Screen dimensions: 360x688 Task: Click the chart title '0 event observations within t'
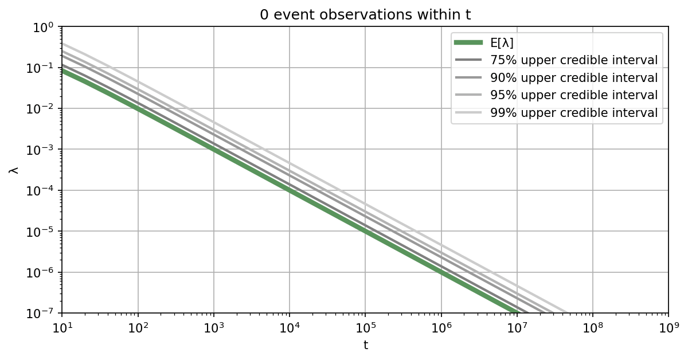(x=365, y=15)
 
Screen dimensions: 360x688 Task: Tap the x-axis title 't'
(x=365, y=346)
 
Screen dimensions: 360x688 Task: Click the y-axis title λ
(x=14, y=170)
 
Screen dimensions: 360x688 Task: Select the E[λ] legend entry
(x=502, y=42)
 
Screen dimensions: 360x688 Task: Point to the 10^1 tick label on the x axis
(x=62, y=328)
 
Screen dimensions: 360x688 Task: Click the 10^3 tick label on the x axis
(x=213, y=328)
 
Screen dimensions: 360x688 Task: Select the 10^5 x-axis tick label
(x=365, y=328)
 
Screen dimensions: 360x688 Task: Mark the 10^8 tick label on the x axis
(x=592, y=328)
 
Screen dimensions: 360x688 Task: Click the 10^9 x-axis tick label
(x=668, y=328)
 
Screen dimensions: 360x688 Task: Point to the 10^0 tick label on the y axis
(x=44, y=28)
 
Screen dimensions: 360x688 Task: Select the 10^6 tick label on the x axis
(x=441, y=328)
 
